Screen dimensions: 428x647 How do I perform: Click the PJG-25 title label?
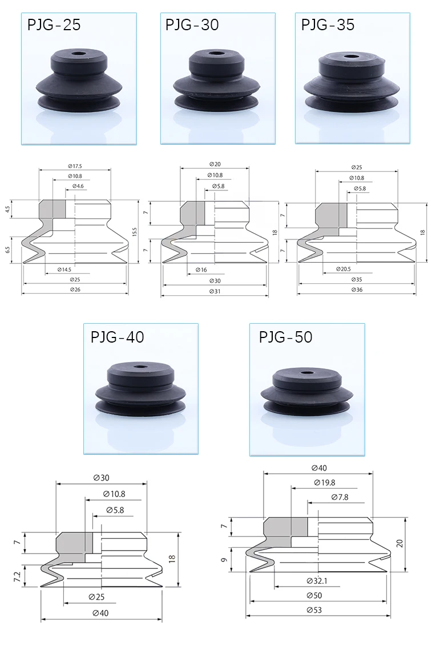pyautogui.click(x=54, y=25)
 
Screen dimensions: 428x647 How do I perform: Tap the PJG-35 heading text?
pyautogui.click(x=328, y=25)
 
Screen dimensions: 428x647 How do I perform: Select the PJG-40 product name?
pyautogui.click(x=118, y=337)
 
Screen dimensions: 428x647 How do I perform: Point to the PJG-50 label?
pyautogui.click(x=285, y=337)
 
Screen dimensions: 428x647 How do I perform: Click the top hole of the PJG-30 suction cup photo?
pyautogui.click(x=216, y=53)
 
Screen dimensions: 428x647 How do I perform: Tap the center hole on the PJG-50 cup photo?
pyautogui.click(x=306, y=374)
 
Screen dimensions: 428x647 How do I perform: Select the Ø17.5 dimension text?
pyautogui.click(x=75, y=166)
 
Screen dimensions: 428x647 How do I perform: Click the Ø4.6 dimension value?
pyautogui.click(x=78, y=186)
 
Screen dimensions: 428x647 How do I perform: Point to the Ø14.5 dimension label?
pyautogui.click(x=64, y=270)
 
